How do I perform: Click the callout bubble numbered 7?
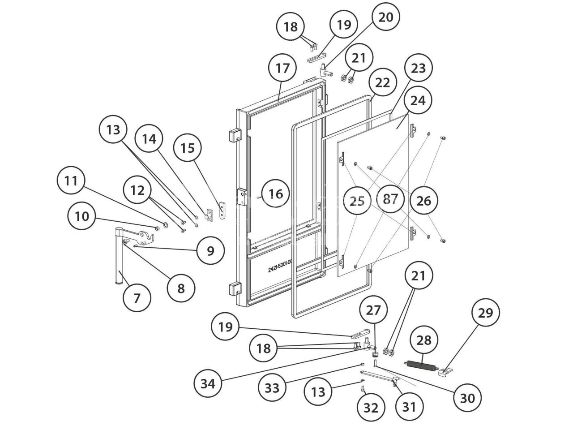point(137,297)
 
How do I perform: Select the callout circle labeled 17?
point(282,68)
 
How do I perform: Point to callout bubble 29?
point(485,312)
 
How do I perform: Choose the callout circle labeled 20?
point(385,17)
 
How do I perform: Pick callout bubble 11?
point(71,181)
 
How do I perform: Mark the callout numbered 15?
point(188,148)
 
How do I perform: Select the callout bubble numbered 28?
point(424,341)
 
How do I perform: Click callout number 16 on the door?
point(276,194)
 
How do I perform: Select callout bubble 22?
point(383,83)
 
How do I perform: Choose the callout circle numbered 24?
point(418,100)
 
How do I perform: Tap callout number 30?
point(467,397)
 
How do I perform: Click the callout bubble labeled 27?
point(373,310)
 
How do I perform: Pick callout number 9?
point(210,251)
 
